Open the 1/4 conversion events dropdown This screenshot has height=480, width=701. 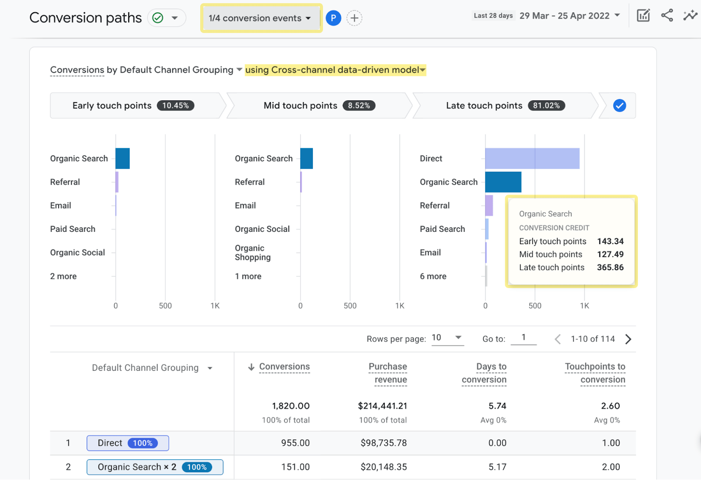pos(260,18)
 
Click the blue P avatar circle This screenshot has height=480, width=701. pos(333,18)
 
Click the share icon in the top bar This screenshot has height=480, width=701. pos(667,15)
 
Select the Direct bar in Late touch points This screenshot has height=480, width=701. pos(532,159)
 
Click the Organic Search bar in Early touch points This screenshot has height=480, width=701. pos(123,159)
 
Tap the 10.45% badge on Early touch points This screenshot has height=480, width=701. pos(175,106)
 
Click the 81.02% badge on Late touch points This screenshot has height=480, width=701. pos(546,106)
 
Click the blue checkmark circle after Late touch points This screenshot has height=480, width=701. pos(619,106)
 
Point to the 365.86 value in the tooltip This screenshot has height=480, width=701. pos(610,267)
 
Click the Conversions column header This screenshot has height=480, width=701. pos(284,366)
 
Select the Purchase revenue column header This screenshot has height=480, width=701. pos(388,373)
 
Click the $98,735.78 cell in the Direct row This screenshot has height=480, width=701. pos(383,443)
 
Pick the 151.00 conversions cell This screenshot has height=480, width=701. pos(295,467)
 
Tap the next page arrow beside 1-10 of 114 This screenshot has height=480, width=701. pos(628,339)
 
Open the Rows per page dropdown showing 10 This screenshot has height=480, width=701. pos(447,338)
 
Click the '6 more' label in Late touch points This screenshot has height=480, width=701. pos(433,277)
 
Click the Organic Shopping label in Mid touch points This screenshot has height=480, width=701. pos(252,253)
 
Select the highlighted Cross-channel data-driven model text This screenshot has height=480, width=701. pos(335,70)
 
